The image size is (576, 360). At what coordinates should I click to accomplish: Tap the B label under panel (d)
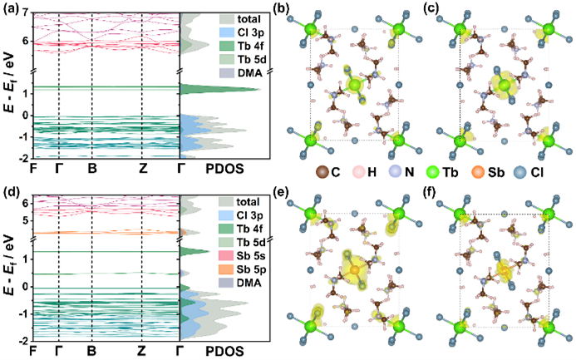tap(91, 351)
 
